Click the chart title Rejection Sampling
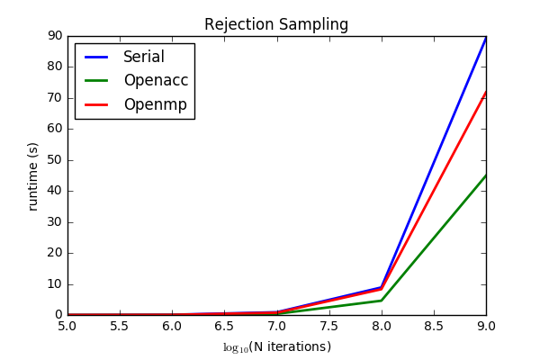(x=276, y=24)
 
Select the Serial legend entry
(x=143, y=58)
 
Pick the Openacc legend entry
(x=155, y=81)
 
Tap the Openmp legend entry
(x=155, y=104)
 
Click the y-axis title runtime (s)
(x=33, y=175)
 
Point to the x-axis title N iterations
(x=277, y=346)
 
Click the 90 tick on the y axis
(x=54, y=35)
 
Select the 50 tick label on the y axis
(x=54, y=160)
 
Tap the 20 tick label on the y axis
(x=54, y=253)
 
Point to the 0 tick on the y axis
(x=58, y=315)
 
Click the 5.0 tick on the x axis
(x=67, y=327)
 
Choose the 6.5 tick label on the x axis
(x=224, y=327)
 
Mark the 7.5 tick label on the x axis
(x=329, y=327)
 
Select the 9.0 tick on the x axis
(x=486, y=327)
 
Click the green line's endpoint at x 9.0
(x=486, y=175)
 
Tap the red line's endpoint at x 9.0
(x=486, y=92)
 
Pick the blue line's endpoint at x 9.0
(x=486, y=38)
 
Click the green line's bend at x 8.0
(x=382, y=301)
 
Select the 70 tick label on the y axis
(x=54, y=97)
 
